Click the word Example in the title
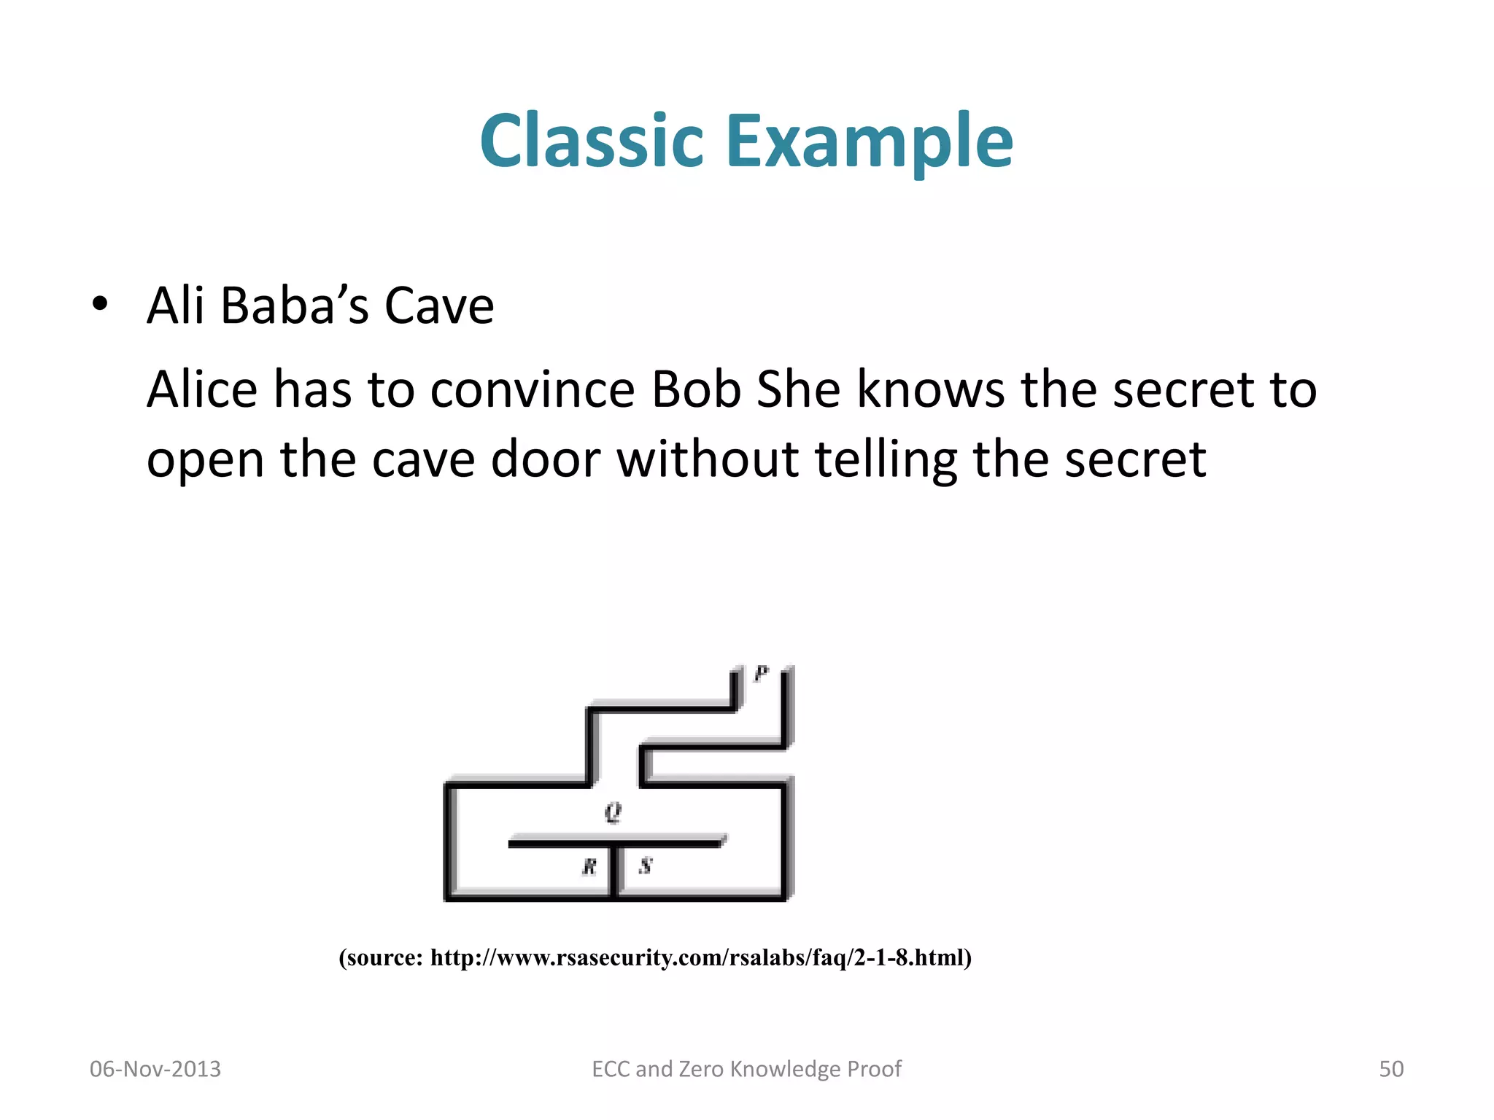(x=870, y=142)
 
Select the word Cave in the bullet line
(x=438, y=306)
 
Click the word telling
(x=885, y=461)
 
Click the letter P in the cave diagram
(x=761, y=674)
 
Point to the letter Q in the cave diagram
(x=613, y=812)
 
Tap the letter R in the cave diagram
(x=589, y=866)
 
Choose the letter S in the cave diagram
(x=646, y=866)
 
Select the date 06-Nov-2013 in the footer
(x=155, y=1069)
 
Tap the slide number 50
(x=1390, y=1069)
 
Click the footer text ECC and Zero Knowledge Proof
(x=746, y=1069)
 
